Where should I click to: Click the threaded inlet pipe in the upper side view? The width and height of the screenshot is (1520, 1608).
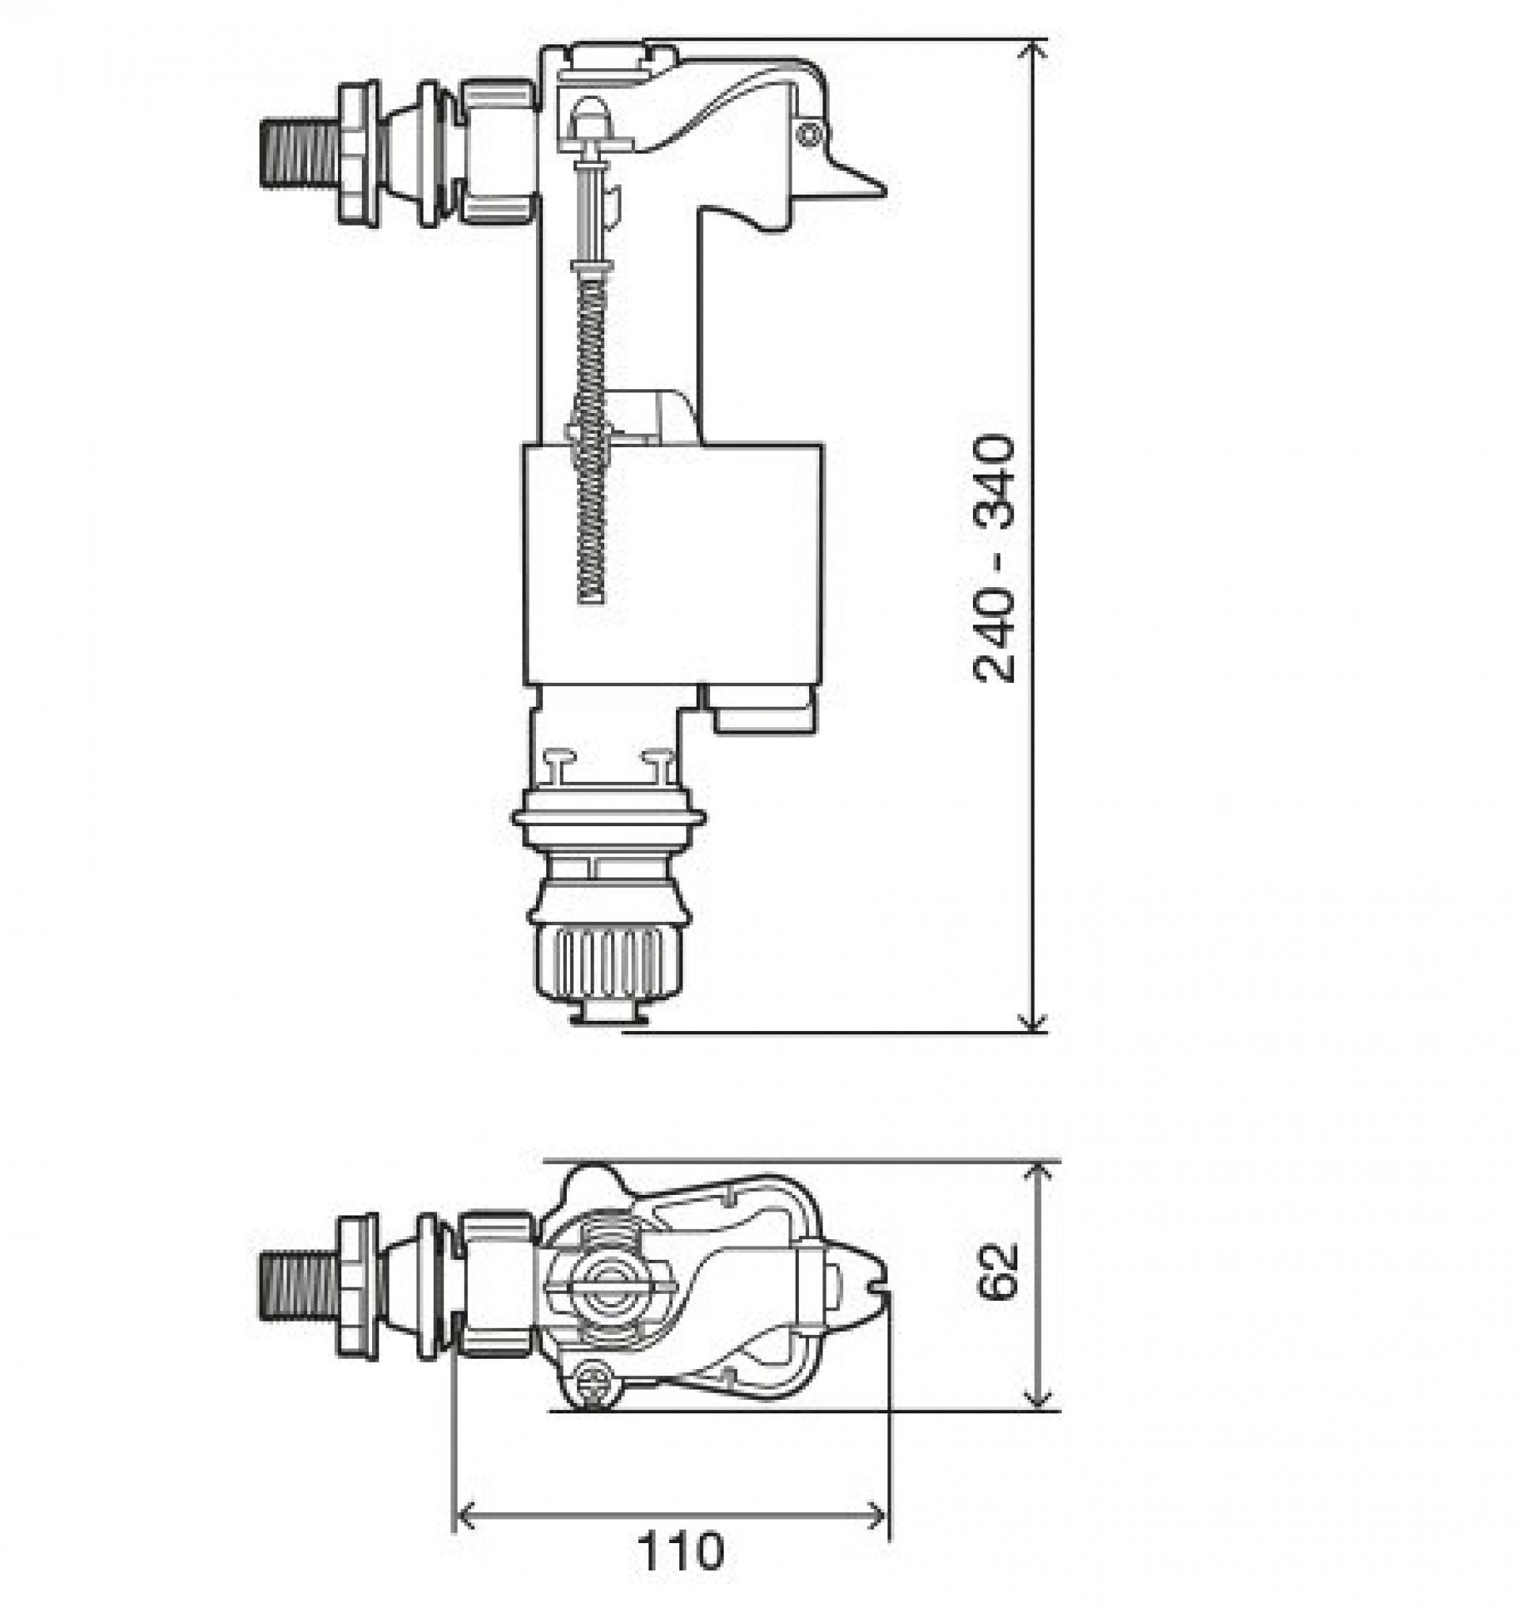tap(297, 153)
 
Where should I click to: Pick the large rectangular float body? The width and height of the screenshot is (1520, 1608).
tap(672, 563)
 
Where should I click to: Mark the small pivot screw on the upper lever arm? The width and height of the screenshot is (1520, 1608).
tap(809, 135)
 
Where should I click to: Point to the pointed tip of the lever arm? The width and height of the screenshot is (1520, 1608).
tap(880, 192)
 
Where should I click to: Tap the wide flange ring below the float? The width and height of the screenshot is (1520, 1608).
tap(609, 818)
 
